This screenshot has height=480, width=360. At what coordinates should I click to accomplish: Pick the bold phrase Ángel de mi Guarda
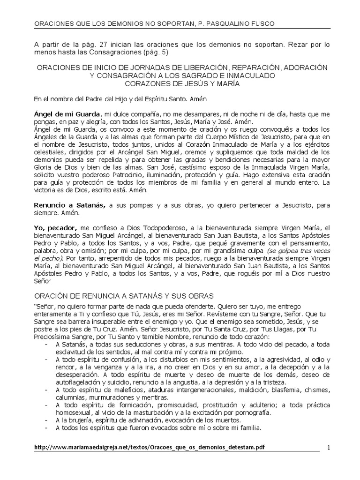[x=67, y=115]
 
